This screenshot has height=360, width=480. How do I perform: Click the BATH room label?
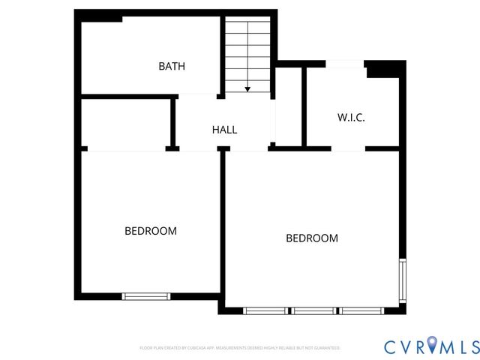(172, 66)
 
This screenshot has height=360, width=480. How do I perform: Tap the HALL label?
(224, 130)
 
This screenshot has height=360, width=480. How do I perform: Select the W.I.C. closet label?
(351, 118)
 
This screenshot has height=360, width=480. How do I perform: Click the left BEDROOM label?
(151, 231)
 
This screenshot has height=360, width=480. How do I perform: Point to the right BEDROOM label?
(312, 238)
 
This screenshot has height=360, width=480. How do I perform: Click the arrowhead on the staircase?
(247, 89)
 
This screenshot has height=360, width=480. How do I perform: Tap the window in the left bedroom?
(146, 296)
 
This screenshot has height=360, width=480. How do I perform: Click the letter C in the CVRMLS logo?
(390, 346)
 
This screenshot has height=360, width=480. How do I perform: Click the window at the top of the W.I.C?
(345, 64)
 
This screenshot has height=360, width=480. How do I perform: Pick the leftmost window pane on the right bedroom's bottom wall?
(266, 310)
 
